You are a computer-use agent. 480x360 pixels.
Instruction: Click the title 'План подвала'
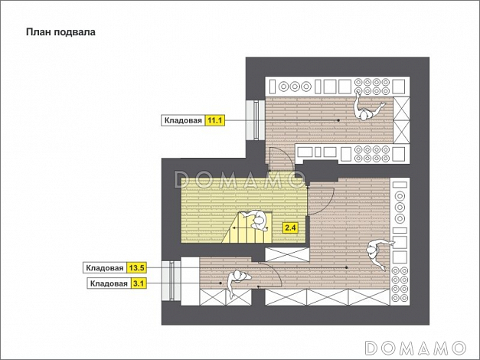60,32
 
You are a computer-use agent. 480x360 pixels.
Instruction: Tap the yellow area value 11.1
214,120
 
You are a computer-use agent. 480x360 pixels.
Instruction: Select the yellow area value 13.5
136,268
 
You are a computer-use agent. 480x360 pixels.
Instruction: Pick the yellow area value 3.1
139,283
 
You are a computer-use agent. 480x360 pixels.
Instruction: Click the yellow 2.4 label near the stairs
290,228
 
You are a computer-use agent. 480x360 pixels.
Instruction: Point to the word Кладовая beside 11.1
183,120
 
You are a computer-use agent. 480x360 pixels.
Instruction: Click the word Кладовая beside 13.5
105,268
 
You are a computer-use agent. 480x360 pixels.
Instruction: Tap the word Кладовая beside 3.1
109,283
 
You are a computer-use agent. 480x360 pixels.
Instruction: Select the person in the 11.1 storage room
367,109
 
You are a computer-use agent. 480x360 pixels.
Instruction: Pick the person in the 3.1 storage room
237,283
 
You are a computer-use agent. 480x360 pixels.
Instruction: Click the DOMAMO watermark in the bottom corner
416,348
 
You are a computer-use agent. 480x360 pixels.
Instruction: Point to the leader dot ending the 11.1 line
338,120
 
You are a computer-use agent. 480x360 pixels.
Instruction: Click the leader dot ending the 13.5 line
347,267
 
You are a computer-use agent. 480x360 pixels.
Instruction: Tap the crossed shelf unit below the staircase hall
287,254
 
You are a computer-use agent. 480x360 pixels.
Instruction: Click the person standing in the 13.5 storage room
377,252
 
